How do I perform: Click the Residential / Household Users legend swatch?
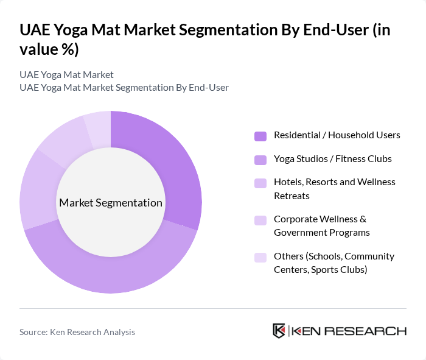pyautogui.click(x=260, y=135)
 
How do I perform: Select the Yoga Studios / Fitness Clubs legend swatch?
pyautogui.click(x=260, y=159)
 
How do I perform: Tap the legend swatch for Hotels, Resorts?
pyautogui.click(x=260, y=183)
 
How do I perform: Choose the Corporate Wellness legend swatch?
pyautogui.click(x=260, y=219)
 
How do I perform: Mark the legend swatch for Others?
pyautogui.click(x=260, y=256)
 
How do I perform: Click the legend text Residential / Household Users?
pyautogui.click(x=337, y=135)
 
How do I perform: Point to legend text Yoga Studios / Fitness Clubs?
pyautogui.click(x=332, y=159)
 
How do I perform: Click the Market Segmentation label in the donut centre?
pyautogui.click(x=111, y=203)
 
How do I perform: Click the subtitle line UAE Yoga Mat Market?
pyautogui.click(x=66, y=74)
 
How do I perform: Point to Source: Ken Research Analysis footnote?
pyautogui.click(x=77, y=332)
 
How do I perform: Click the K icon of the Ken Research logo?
pyautogui.click(x=279, y=331)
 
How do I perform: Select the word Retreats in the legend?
pyautogui.click(x=292, y=196)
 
